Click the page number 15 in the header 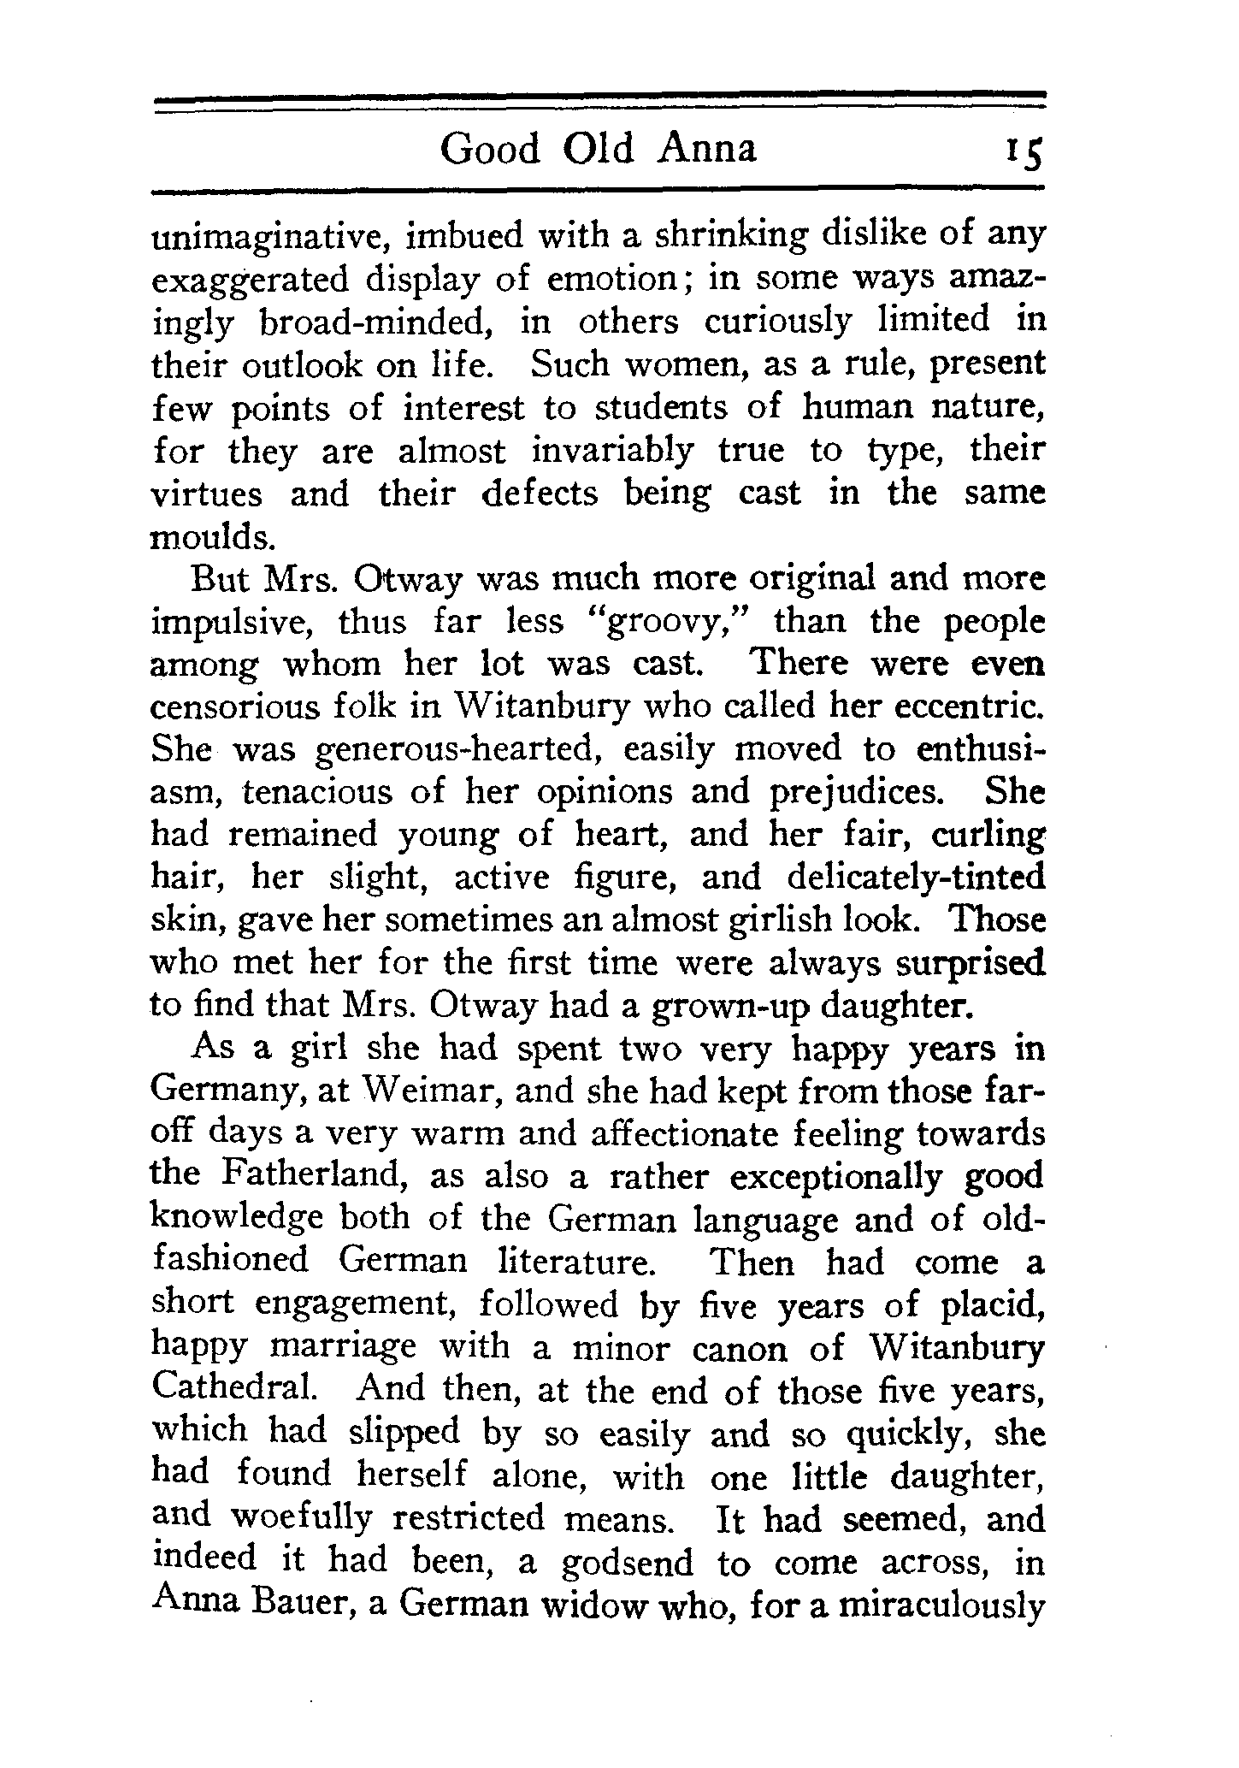pyautogui.click(x=1026, y=152)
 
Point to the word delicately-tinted pyautogui.click(x=916, y=878)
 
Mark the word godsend pyautogui.click(x=627, y=1562)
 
